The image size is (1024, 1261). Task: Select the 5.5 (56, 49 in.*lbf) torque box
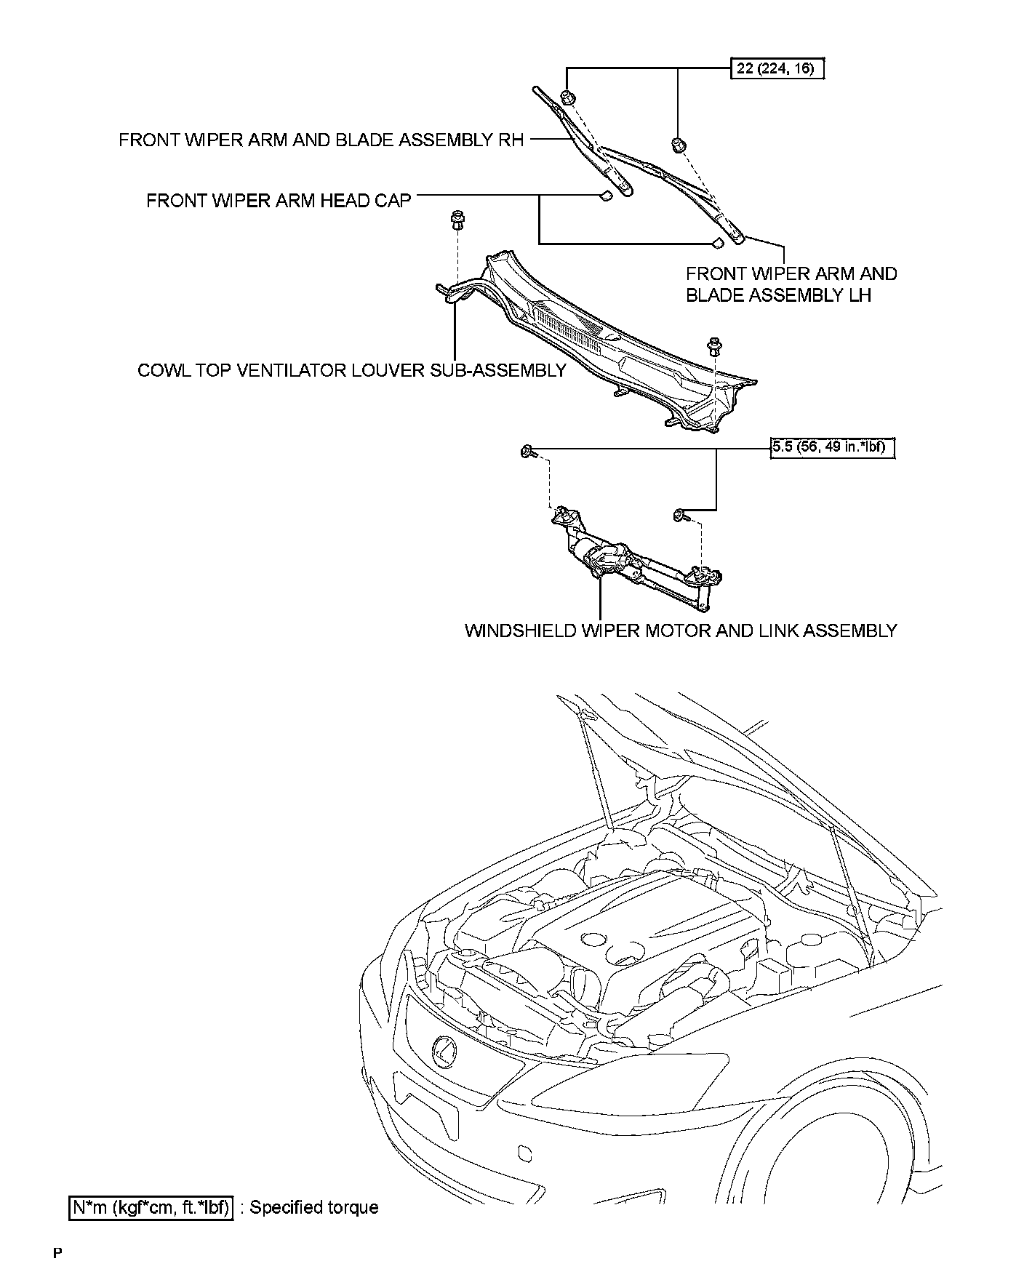[833, 447]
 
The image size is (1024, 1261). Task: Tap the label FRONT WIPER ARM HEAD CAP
[279, 200]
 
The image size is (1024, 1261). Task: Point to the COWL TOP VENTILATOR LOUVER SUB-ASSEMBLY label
[351, 370]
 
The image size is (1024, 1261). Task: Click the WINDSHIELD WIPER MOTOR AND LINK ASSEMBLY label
[680, 630]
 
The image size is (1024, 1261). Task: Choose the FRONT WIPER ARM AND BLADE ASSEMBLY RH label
[321, 140]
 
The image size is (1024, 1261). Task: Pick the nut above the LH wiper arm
[677, 143]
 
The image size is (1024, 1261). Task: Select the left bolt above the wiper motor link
[527, 452]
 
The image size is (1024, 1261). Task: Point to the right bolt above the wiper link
[680, 516]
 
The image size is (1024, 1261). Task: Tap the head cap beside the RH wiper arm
[604, 196]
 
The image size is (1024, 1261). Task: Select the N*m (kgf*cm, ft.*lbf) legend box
[151, 1208]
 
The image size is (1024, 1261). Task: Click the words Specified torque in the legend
[314, 1208]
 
